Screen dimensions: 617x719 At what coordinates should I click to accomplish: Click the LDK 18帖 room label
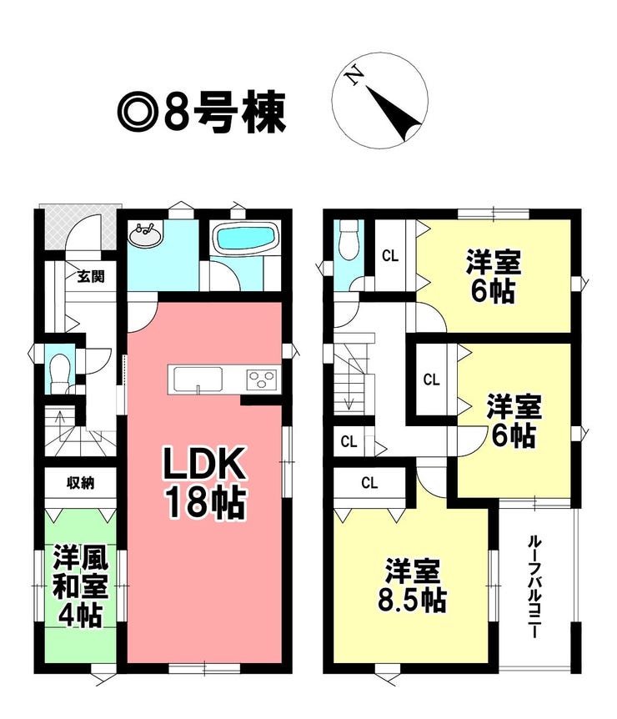(206, 483)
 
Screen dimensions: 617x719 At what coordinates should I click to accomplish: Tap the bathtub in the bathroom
(246, 239)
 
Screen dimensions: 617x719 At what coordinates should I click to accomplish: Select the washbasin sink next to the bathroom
(145, 234)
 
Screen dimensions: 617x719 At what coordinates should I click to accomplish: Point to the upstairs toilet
(349, 239)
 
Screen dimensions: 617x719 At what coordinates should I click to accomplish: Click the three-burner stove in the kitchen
(262, 380)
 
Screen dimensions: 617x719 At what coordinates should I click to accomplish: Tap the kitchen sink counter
(198, 380)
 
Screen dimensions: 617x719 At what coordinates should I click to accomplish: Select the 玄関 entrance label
(91, 276)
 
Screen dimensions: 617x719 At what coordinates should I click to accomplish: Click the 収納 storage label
(81, 482)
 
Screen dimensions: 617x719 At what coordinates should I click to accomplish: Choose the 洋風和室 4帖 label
(80, 586)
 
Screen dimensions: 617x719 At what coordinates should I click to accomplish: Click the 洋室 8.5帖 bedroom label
(412, 585)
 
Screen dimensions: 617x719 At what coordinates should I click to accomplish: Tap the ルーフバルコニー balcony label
(533, 586)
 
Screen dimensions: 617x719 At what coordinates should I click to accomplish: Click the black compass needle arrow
(394, 113)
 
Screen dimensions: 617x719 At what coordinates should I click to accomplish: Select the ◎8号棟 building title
(201, 112)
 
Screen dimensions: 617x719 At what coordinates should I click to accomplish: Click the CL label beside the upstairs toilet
(390, 256)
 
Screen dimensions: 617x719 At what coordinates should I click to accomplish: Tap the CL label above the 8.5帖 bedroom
(369, 482)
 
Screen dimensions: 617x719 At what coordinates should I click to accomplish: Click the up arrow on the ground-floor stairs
(59, 426)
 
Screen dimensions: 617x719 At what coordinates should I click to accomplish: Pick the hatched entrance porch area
(81, 229)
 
